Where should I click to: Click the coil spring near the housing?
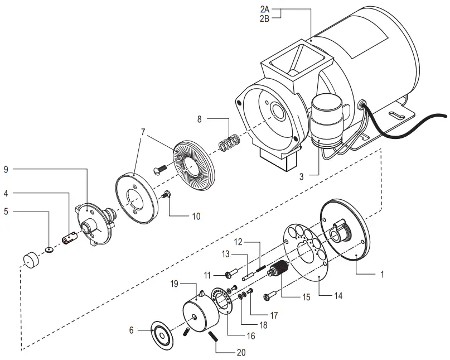coord(228,142)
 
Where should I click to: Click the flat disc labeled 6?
coord(162,337)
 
